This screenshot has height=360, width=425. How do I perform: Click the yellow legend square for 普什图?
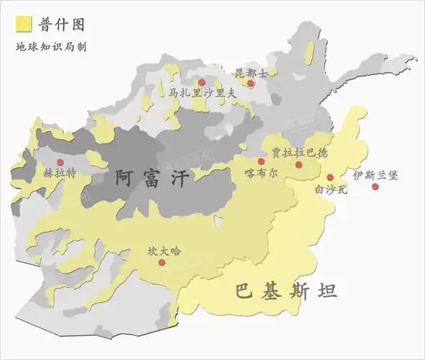[23, 24]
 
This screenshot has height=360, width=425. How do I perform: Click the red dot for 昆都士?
[251, 84]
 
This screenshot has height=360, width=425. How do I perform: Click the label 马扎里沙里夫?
[202, 93]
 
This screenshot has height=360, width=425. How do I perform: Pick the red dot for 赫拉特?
[61, 161]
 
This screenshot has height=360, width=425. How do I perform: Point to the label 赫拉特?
[60, 174]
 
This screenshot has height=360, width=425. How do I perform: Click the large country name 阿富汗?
[153, 177]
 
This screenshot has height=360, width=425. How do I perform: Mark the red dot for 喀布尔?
[261, 161]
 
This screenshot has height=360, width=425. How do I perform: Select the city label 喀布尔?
[261, 174]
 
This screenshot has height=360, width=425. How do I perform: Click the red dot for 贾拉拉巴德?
[299, 164]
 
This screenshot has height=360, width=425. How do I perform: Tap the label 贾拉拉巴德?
[300, 153]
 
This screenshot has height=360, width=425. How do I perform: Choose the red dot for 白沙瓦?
[330, 177]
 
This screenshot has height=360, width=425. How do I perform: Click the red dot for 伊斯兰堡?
[375, 186]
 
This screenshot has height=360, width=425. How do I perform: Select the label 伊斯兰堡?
[375, 175]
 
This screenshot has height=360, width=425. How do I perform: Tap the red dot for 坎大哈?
[162, 263]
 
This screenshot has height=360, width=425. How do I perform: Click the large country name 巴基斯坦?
[286, 292]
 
